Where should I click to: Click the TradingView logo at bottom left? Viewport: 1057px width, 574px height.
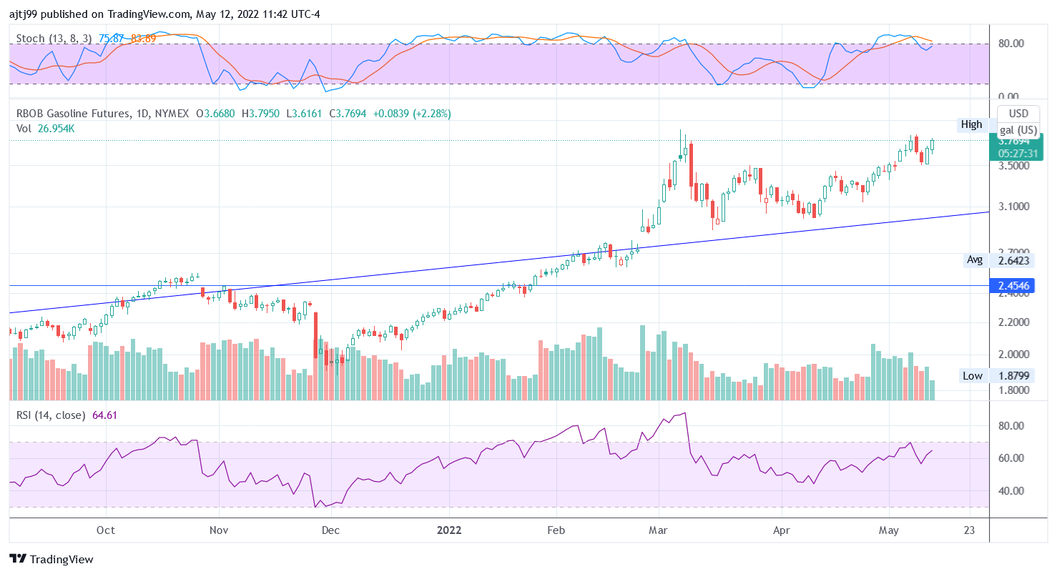pos(51,559)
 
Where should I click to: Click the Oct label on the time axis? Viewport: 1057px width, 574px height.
pos(106,530)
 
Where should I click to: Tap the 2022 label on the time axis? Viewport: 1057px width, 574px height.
pos(450,530)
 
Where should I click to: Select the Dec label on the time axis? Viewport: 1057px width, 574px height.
pos(330,530)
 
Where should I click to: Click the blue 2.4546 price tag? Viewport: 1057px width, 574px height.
pos(1014,287)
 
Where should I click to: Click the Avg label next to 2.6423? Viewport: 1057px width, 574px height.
pos(975,260)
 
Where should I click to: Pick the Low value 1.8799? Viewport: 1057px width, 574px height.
pos(1014,376)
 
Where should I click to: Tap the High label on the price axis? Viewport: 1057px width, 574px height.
pos(971,124)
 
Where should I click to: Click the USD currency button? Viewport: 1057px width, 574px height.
pos(1018,114)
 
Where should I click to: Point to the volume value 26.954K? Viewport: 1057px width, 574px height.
pos(56,129)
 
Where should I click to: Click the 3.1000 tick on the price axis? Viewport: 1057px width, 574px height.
pos(1014,207)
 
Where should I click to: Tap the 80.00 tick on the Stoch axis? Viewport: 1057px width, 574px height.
pos(1011,44)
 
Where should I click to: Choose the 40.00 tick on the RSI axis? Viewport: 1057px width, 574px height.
pos(1011,491)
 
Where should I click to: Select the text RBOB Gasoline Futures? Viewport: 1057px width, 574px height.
pos(74,113)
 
